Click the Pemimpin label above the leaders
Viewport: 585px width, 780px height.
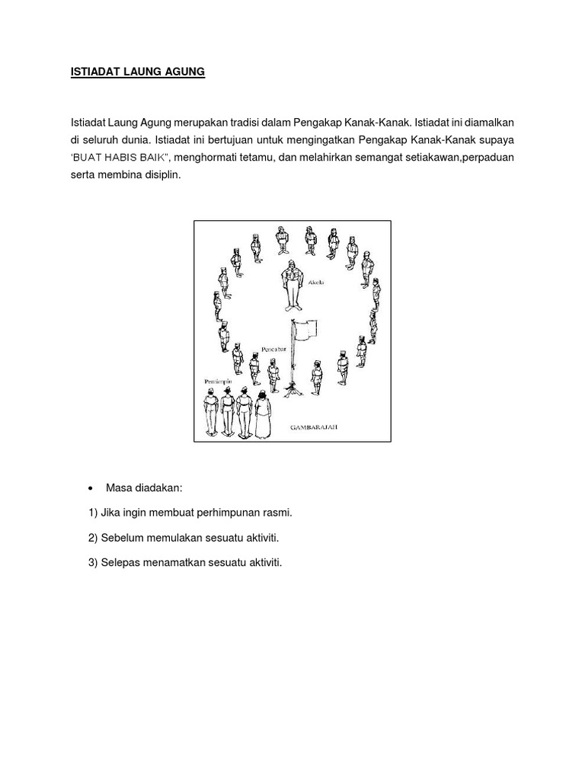[x=217, y=379]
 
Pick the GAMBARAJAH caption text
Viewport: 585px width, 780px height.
[x=313, y=429]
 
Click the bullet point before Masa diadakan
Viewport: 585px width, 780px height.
[x=91, y=488]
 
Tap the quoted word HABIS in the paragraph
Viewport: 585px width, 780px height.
[x=144, y=158]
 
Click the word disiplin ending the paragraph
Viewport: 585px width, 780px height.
[x=157, y=174]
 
